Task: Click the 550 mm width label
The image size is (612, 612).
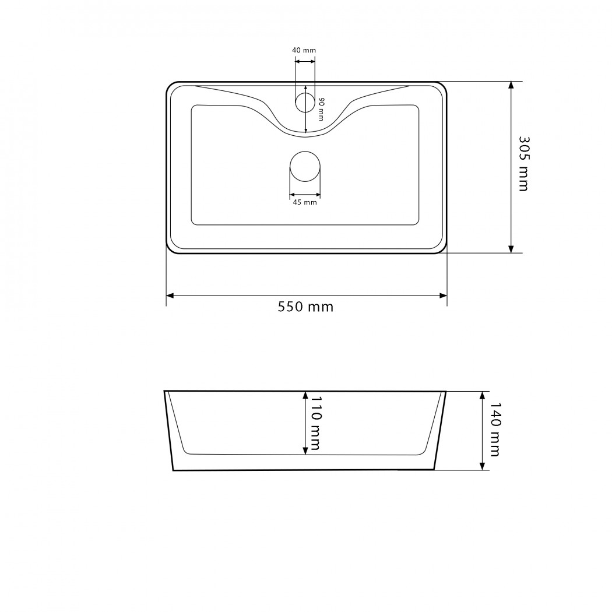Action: click(305, 307)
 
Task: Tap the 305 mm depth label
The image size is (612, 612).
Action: click(524, 164)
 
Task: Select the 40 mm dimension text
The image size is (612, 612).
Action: click(304, 50)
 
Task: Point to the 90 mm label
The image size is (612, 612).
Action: click(321, 110)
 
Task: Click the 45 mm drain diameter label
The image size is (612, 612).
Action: click(305, 202)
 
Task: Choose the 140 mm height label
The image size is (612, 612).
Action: click(495, 430)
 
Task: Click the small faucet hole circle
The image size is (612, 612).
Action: click(305, 102)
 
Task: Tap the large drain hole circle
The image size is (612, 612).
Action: click(305, 166)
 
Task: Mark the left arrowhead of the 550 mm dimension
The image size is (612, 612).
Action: click(170, 296)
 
